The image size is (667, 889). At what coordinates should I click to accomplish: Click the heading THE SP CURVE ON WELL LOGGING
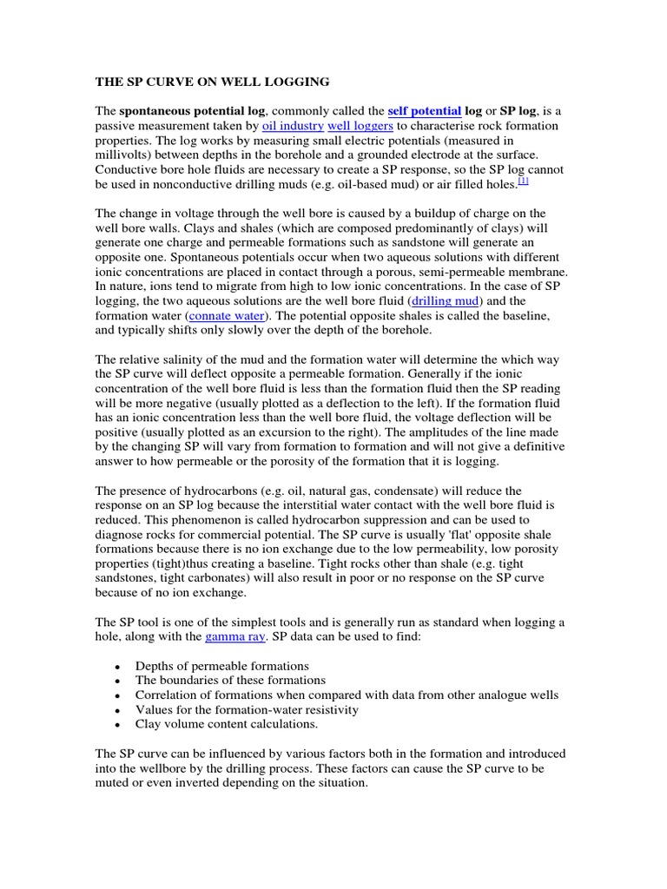click(x=212, y=82)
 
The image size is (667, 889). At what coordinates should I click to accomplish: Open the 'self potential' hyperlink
click(x=425, y=111)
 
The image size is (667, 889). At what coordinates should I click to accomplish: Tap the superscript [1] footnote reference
click(x=523, y=181)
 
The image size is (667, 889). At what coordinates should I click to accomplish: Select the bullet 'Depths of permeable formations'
click(x=222, y=666)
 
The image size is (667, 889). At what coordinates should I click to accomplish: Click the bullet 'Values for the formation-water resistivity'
click(x=247, y=709)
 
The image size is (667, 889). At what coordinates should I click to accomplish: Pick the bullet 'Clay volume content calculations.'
click(x=227, y=723)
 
